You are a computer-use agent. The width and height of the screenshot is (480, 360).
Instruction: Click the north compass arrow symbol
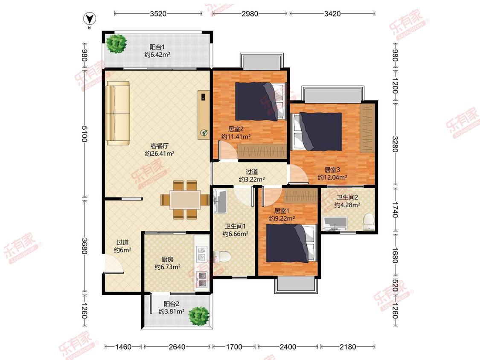pos(90,19)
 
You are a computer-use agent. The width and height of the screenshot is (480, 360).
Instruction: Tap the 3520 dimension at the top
pos(158,14)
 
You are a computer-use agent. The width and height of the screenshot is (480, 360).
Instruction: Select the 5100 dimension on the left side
pos(84,134)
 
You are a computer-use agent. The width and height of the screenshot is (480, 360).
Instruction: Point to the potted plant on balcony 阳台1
pos(116,44)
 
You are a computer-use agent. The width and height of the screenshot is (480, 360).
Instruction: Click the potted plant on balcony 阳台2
pos(199,316)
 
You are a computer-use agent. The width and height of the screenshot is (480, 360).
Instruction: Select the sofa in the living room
pos(118,113)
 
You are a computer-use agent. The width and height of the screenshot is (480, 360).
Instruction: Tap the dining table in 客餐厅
pos(186,200)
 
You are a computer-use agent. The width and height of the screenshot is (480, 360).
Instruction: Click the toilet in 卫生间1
pos(222,256)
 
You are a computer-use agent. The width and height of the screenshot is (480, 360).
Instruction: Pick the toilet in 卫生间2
pos(369,222)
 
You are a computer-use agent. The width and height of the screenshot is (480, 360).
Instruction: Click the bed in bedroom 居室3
pos(317,131)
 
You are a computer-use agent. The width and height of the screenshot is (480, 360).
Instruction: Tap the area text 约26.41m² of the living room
pos(160,154)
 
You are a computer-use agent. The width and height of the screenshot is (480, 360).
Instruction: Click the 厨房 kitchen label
pos(167,259)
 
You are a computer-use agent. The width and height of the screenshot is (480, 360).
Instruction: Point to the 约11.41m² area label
pos(236,137)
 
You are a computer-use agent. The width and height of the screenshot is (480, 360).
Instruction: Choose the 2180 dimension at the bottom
pos(348,347)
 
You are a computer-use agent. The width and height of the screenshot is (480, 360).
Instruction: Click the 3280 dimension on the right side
pos(395,144)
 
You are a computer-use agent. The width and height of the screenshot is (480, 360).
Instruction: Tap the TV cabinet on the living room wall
pos(204,115)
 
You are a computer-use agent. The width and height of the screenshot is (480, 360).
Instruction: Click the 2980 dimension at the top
pos(250,14)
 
